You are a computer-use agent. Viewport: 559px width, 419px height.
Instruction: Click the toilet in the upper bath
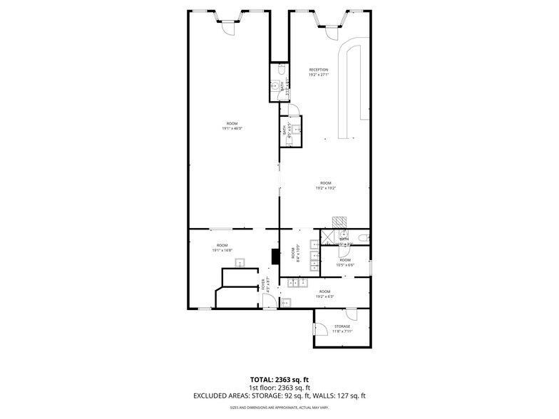pyautogui.click(x=282, y=70)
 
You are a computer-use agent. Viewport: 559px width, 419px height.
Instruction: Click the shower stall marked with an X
pyautogui.click(x=329, y=236)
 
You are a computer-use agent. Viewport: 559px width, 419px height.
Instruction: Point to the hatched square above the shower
pyautogui.click(x=338, y=222)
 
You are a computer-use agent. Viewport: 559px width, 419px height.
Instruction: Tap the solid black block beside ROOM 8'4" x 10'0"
pyautogui.click(x=275, y=256)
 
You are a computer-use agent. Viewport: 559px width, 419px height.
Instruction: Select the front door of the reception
pyautogui.click(x=333, y=30)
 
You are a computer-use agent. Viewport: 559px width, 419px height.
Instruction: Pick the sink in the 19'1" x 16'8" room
pyautogui.click(x=240, y=262)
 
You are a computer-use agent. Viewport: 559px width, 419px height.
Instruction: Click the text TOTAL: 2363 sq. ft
pyautogui.click(x=279, y=379)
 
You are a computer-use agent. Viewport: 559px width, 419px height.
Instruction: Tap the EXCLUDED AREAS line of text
pyautogui.click(x=279, y=395)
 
